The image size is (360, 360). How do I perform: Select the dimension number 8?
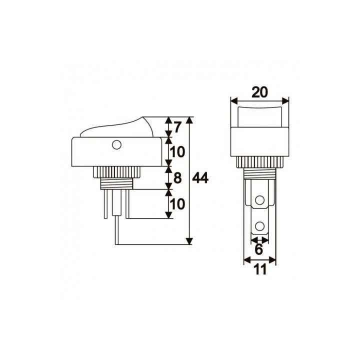coord(178,178)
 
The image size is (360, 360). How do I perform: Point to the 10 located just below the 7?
coord(178,152)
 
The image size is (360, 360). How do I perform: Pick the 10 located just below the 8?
coord(178,203)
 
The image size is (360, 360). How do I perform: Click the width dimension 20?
coord(259,92)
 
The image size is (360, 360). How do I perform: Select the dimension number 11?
coord(259,269)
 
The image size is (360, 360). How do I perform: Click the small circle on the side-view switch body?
coord(116,145)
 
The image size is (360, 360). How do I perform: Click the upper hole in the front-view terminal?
coord(259,201)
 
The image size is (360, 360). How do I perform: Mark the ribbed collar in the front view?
coord(259,161)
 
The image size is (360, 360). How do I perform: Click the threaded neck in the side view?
coord(116,182)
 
